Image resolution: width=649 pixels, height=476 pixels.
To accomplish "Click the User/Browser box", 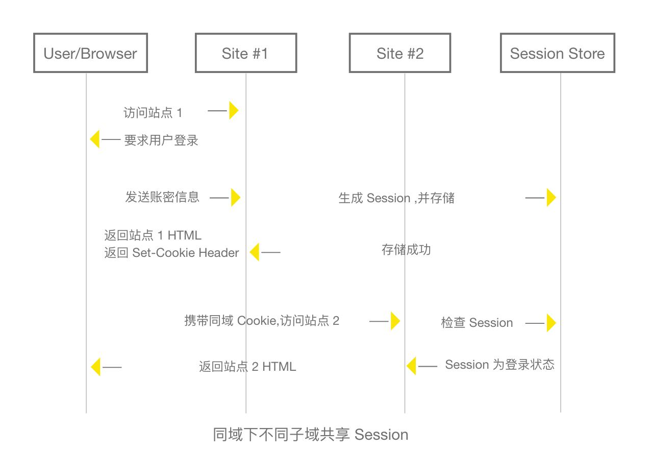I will pos(90,53).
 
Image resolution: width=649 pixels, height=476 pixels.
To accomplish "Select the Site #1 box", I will pos(245,53).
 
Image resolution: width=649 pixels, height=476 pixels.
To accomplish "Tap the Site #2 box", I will pos(400,53).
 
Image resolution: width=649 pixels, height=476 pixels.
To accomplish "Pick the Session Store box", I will pos(557,53).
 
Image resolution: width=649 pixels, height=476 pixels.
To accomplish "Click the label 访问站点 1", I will pos(153,112).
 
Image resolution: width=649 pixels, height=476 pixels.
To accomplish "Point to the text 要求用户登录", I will pos(161,140).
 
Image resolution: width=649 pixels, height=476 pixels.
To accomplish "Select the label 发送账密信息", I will pos(162,197).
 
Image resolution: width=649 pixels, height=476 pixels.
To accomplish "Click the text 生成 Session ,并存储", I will pos(396,198).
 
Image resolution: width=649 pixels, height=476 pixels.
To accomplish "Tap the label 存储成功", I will pos(406,250).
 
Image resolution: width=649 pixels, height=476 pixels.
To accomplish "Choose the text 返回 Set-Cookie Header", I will pos(171,253).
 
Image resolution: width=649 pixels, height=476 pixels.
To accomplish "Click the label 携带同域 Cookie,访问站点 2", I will pos(261,321).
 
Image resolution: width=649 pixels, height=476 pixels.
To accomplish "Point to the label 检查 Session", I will pos(477,323).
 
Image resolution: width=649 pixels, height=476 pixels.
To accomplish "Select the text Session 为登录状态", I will pos(500,365).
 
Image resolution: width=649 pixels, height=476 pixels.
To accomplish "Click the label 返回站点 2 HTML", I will pos(247,367).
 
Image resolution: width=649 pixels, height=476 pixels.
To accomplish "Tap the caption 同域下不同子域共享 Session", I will pos(310,435).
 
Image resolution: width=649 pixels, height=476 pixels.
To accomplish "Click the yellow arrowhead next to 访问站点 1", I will pos(233,110).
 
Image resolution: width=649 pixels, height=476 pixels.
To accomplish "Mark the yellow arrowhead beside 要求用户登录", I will pos(95,139).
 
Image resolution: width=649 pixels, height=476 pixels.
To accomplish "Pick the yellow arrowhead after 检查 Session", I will pos(551,323).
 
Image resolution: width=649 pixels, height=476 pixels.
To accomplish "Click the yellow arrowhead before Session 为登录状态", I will pos(412,366).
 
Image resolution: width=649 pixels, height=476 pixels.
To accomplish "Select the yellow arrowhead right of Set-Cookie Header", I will pos(255,252).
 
